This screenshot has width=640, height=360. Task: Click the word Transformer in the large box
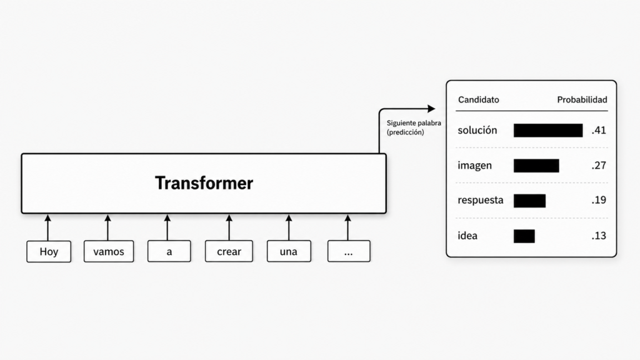coord(204,183)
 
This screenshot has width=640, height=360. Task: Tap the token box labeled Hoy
coord(49,251)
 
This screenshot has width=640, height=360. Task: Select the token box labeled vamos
coord(109,251)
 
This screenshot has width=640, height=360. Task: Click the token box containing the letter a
coord(169,251)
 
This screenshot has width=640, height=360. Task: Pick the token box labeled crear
coord(229,251)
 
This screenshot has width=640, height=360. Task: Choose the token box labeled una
coord(289,251)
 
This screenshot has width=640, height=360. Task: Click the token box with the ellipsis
coord(349,251)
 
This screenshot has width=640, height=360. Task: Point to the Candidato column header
coord(478,99)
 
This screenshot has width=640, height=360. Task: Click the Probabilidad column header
coord(582,99)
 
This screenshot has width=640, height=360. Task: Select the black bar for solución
coord(548,130)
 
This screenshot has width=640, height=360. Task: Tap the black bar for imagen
coord(536,166)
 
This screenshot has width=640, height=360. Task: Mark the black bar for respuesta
coord(529,201)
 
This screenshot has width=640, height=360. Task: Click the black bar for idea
coord(524,236)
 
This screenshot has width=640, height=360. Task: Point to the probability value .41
coord(599,130)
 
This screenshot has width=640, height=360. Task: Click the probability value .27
coord(599,165)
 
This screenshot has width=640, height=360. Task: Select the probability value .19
coord(599,200)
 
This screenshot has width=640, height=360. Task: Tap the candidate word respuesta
coord(481,201)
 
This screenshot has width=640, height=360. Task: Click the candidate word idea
coord(467,236)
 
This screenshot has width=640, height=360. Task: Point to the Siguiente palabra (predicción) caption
coord(414,127)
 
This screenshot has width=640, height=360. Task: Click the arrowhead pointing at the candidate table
coord(431,109)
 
